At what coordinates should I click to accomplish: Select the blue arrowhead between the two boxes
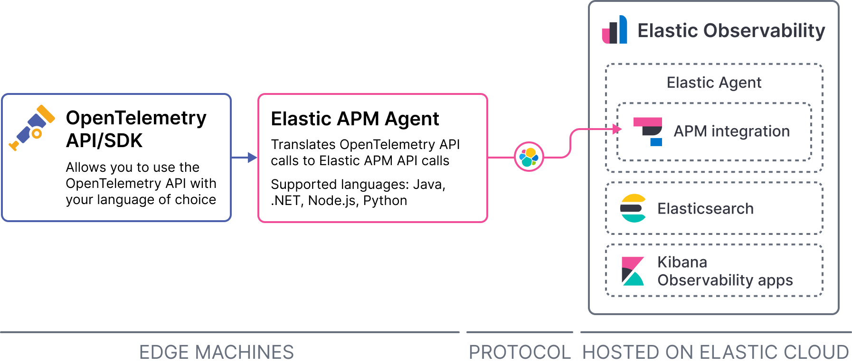pyautogui.click(x=252, y=158)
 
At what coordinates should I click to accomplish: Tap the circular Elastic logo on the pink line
pyautogui.click(x=529, y=157)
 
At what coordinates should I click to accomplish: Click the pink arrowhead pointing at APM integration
pyautogui.click(x=617, y=129)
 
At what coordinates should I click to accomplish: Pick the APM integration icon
pyautogui.click(x=648, y=131)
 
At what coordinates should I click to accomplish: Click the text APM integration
pyautogui.click(x=731, y=131)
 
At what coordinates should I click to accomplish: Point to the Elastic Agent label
pyautogui.click(x=714, y=83)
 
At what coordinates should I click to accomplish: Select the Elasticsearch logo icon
pyautogui.click(x=633, y=208)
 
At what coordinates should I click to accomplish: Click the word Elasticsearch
pyautogui.click(x=705, y=209)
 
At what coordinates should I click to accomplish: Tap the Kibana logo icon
pyautogui.click(x=633, y=271)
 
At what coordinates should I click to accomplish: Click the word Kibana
pyautogui.click(x=682, y=262)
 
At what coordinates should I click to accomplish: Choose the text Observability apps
pyautogui.click(x=725, y=280)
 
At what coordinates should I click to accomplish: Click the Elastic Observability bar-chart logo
pyautogui.click(x=615, y=30)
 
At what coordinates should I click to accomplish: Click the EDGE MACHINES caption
pyautogui.click(x=216, y=352)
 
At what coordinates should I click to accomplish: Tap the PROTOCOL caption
pyautogui.click(x=520, y=352)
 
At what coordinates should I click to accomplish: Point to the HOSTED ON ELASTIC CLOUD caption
pyautogui.click(x=715, y=352)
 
